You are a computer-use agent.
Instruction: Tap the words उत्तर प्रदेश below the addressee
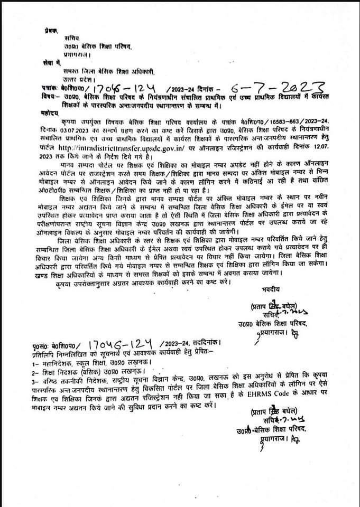click(73, 78)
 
